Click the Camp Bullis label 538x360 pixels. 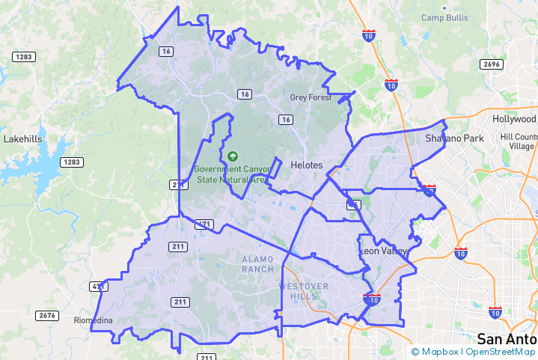pos(444,17)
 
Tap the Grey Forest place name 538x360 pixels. pos(311,97)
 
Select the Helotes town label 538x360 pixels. pos(305,165)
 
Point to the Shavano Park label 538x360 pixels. pos(454,138)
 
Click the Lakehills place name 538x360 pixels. pos(23,139)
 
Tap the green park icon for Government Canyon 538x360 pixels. pos(233,156)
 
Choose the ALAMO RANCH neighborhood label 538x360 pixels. pos(258,263)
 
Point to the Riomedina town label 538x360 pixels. pos(93,320)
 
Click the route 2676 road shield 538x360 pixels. pos(46,315)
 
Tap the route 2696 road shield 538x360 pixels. pos(492,64)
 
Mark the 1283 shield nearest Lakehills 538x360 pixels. pos(72,162)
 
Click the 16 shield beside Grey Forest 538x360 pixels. pos(285,119)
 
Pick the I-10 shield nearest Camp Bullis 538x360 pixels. pos(369,34)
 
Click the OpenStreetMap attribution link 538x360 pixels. pos(501,352)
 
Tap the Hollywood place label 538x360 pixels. pos(515,119)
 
